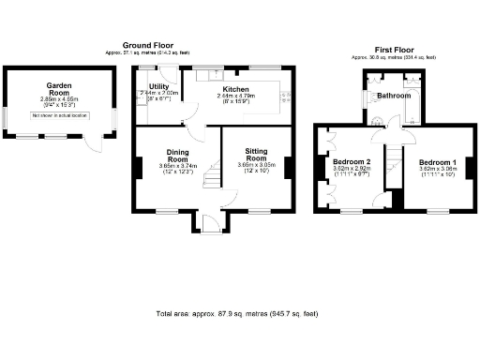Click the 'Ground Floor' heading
pos(148,45)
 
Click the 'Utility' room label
pos(158,87)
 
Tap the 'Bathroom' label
pos(394,96)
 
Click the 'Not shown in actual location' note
pos(59,114)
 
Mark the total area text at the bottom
pos(240,312)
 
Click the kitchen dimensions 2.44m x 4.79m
pos(235,97)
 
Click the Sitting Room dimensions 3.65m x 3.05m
pos(256,167)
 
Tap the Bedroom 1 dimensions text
pos(437,171)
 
